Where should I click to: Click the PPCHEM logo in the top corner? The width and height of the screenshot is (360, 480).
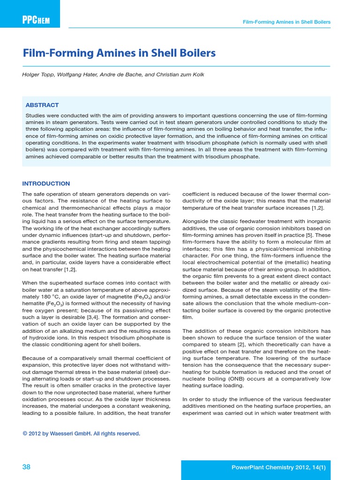pos(36,21)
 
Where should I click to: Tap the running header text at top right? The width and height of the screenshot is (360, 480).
pos(286,22)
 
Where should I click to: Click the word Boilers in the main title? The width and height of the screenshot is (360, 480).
pos(196,53)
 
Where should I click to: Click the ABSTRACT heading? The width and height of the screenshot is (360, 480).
pos(42,105)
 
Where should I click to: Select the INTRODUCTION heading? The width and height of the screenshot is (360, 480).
pos(46,184)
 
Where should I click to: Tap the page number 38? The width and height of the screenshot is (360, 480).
pos(27,467)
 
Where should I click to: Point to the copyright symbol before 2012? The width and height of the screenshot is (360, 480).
pos(25,434)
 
